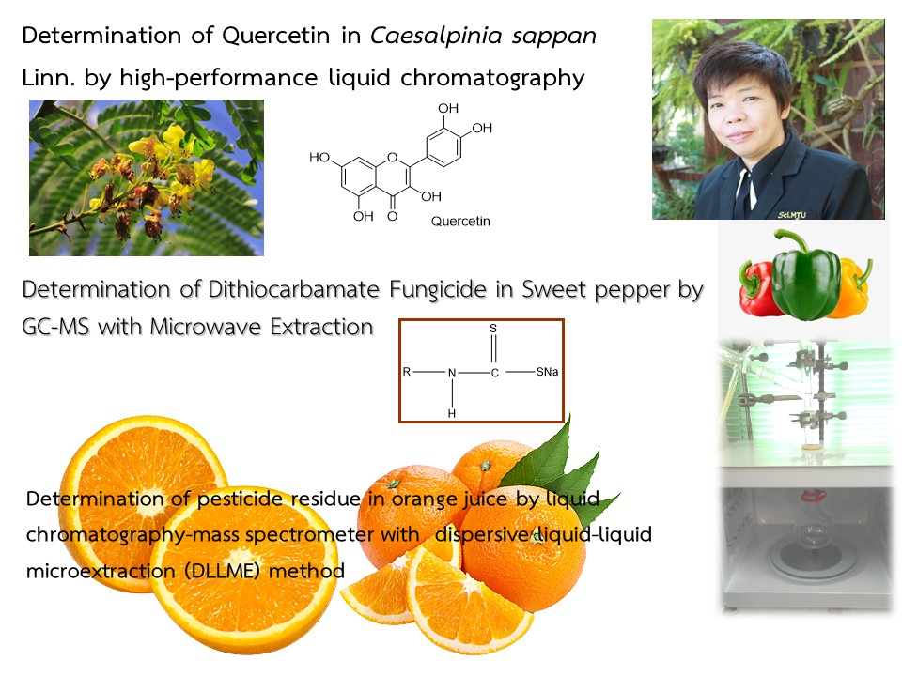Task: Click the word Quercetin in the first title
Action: (275, 37)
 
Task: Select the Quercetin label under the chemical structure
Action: (460, 222)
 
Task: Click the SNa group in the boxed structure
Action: (547, 372)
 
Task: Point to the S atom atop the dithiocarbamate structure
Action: (493, 329)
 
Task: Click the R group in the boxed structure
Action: (407, 372)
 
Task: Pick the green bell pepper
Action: (805, 275)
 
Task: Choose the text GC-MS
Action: (55, 327)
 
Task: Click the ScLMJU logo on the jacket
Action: (792, 215)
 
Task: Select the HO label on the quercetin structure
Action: (319, 158)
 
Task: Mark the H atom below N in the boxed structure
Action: (452, 413)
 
